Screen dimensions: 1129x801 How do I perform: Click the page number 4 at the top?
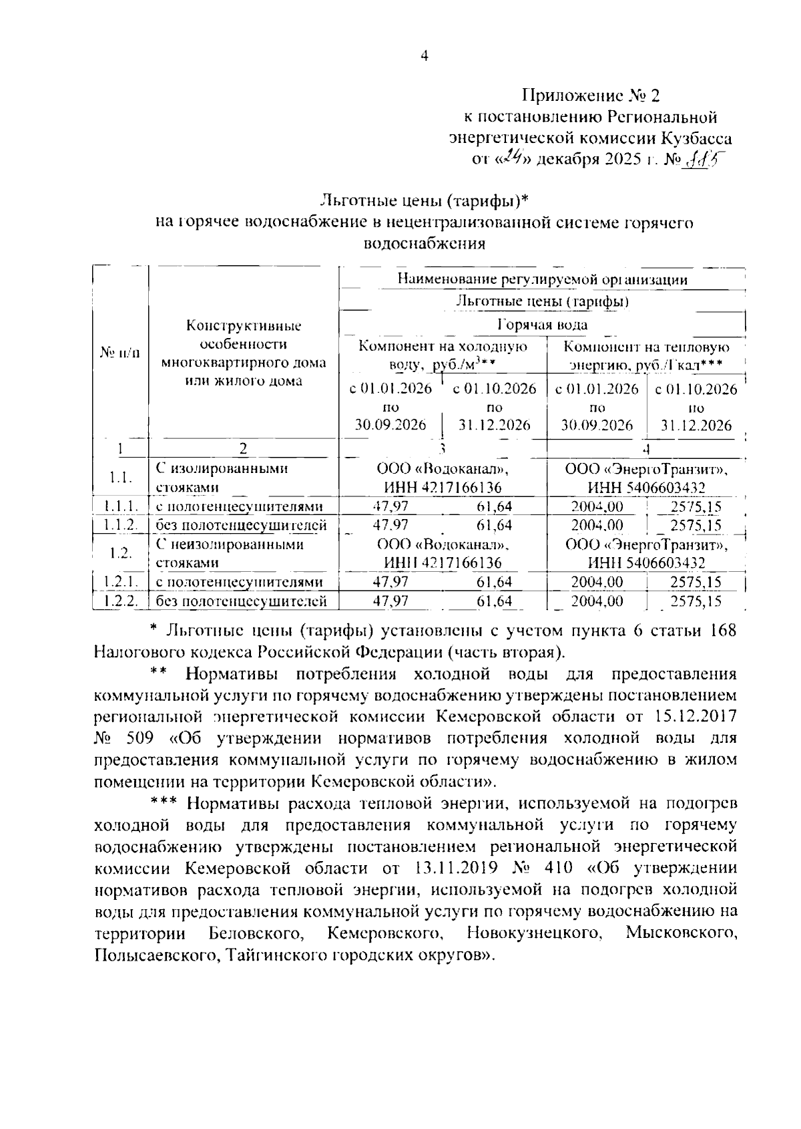424,57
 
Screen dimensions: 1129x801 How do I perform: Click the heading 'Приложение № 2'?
590,96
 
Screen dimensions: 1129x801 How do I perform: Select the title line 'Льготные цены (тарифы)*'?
425,200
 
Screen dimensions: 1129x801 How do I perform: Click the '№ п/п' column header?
120,352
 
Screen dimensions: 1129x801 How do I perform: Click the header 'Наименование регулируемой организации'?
542,279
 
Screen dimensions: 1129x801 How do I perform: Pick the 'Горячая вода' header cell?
542,325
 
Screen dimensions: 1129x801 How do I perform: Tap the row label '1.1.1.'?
120,506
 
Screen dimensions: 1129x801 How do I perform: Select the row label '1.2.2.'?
120,601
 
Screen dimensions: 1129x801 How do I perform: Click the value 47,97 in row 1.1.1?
390,506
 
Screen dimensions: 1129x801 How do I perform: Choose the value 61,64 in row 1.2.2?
494,601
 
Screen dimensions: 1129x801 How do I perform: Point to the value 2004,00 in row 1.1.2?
597,525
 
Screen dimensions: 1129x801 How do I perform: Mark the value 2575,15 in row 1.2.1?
696,583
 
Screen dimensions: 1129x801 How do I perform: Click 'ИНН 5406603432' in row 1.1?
646,488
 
